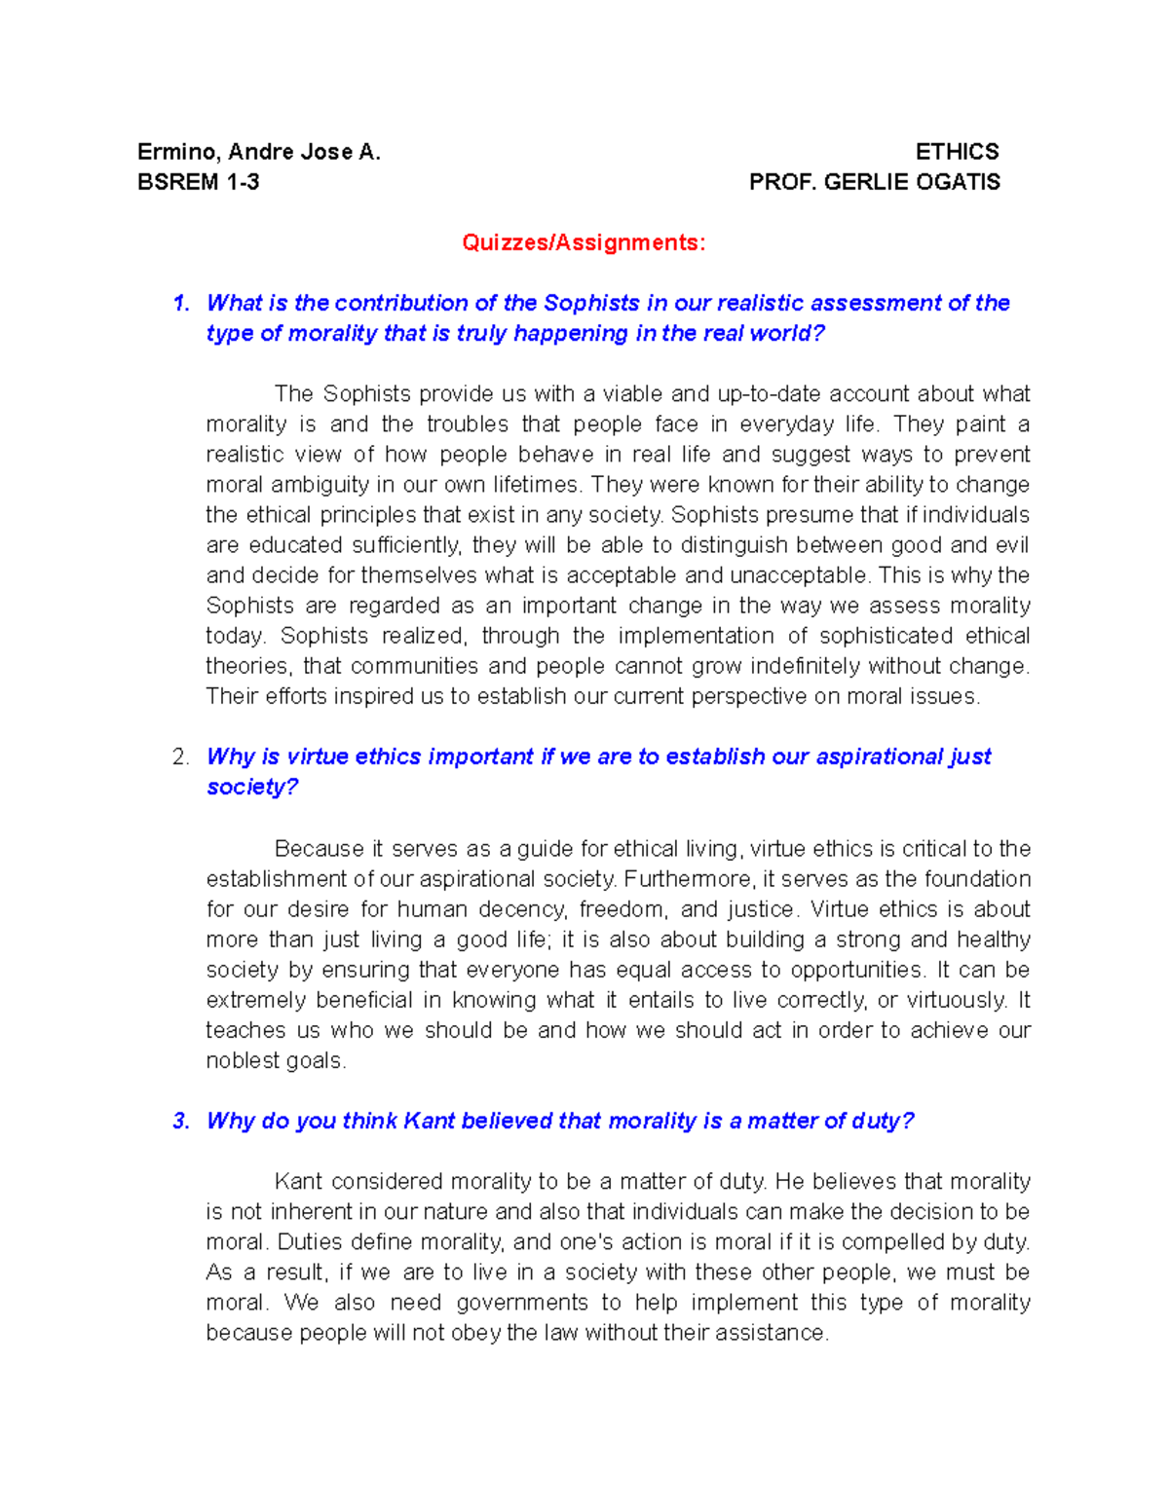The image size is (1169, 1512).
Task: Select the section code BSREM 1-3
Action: coord(199,182)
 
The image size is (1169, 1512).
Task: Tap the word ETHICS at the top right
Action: coord(957,152)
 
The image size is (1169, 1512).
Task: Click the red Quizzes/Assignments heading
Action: coord(584,242)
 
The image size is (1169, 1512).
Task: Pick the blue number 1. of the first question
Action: coord(181,304)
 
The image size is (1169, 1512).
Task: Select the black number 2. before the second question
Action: coord(181,757)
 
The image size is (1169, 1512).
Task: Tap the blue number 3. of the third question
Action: coord(181,1122)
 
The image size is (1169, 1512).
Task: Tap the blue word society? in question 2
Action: coord(252,788)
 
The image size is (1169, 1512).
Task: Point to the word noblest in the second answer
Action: coord(237,1060)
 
